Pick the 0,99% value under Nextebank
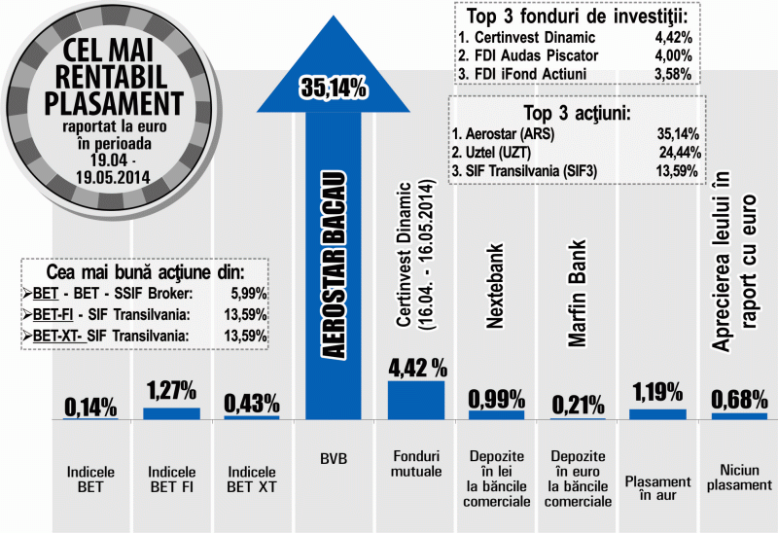point(496,398)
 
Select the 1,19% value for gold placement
point(658,392)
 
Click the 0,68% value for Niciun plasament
point(739,400)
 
